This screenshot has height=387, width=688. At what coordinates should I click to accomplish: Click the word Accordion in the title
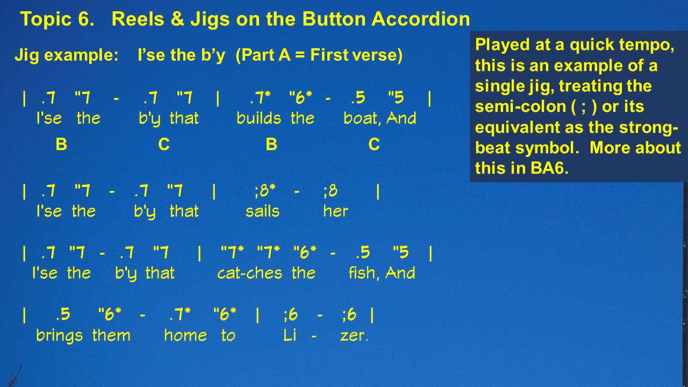pyautogui.click(x=420, y=19)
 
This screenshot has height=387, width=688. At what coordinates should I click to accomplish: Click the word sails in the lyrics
pyautogui.click(x=263, y=211)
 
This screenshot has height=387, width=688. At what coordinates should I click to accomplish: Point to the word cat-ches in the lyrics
pyautogui.click(x=249, y=273)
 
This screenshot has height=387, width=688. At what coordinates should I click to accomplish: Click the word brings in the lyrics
pyautogui.click(x=59, y=335)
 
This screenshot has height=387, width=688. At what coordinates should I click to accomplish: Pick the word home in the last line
pyautogui.click(x=185, y=335)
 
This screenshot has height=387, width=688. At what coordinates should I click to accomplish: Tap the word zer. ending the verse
pyautogui.click(x=354, y=336)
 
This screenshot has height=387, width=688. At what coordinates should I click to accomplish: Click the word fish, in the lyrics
pyautogui.click(x=365, y=273)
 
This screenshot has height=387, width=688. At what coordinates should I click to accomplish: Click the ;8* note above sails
pyautogui.click(x=265, y=191)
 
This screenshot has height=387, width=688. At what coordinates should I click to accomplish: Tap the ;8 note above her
pyautogui.click(x=331, y=191)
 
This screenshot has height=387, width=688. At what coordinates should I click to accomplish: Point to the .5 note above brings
pyautogui.click(x=63, y=314)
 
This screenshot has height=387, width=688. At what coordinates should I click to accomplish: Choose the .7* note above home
pyautogui.click(x=180, y=314)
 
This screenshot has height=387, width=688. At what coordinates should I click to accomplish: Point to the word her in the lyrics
pyautogui.click(x=336, y=211)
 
